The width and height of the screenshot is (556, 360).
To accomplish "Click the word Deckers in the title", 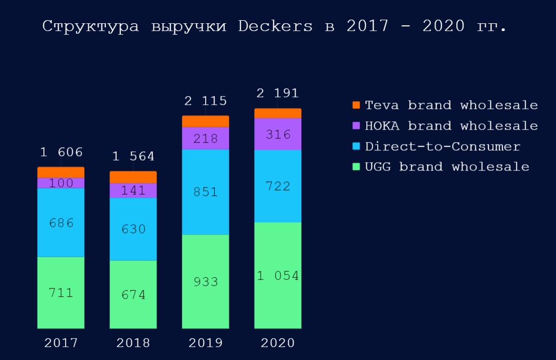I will click(275, 26).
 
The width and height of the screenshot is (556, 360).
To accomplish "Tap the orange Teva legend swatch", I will click(356, 105).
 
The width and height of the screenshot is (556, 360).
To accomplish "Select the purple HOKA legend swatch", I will click(356, 126).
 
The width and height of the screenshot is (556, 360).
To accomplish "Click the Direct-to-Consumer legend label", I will click(442, 147).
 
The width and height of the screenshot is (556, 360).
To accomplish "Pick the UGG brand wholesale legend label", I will click(447, 167).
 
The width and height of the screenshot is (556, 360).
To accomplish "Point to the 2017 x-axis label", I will click(61, 343).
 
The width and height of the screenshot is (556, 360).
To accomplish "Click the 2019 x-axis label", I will click(206, 343).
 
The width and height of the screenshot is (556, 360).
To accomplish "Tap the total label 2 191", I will click(277, 93).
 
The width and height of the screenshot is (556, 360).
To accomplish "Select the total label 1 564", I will click(133, 156).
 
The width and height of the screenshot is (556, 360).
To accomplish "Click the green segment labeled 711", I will click(61, 292).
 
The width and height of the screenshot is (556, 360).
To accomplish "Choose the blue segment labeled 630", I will click(133, 229).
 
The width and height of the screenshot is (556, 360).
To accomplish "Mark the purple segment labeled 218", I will click(206, 138).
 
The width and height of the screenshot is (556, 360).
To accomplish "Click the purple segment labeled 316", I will click(278, 134).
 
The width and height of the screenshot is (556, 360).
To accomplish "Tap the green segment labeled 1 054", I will click(278, 275).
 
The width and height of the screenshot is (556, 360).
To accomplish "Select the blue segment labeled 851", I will click(206, 192).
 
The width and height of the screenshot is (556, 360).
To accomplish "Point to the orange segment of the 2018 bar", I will click(133, 177).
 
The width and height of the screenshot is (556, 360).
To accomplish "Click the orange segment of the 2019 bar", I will click(206, 121).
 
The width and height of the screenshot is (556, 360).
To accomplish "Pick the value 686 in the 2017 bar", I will click(61, 223).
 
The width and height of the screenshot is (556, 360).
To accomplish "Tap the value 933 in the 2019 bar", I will click(206, 282).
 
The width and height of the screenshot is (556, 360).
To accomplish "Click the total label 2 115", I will click(205, 101).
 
